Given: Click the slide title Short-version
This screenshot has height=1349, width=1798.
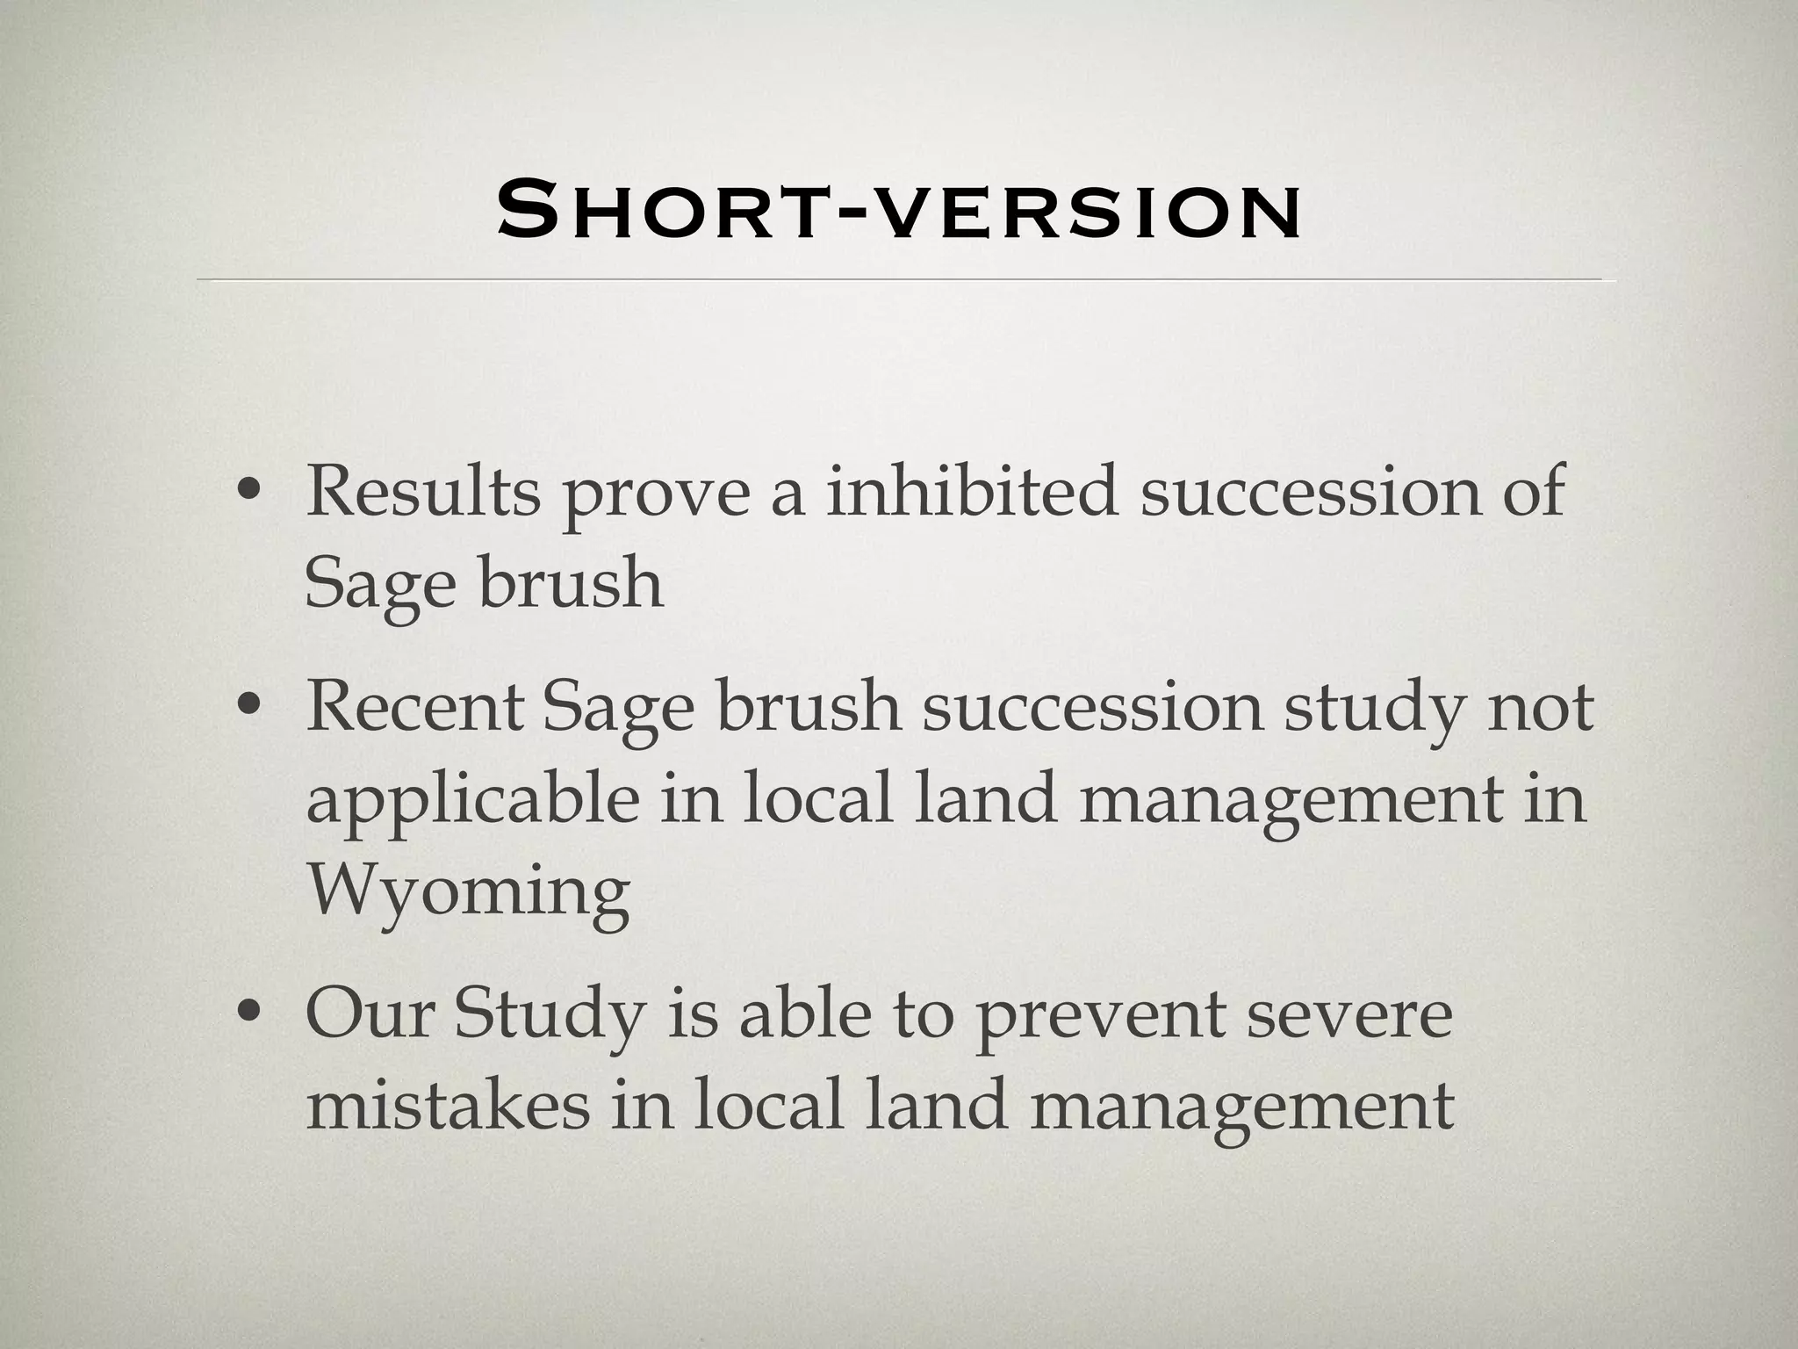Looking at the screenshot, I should pos(898,211).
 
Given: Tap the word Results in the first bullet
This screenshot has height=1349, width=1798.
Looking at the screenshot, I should pos(422,492).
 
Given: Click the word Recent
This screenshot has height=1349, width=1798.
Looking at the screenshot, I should pos(414,708).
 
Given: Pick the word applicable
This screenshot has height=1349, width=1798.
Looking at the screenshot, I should pos(472,802).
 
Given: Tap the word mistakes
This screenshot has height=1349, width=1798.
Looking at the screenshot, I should pos(447,1106).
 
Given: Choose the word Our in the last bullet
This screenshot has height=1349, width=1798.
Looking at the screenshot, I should pos(370,1014).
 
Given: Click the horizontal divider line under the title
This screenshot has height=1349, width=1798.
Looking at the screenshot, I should pos(904,280).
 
